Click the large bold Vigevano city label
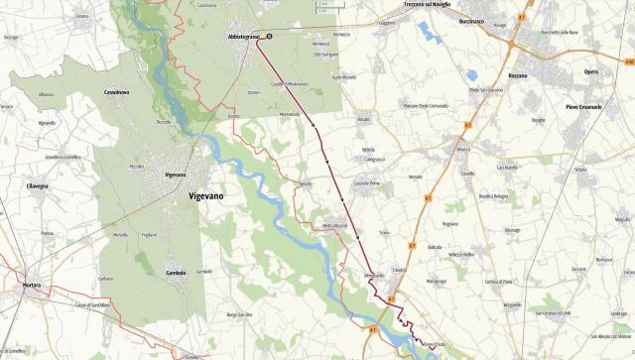207,197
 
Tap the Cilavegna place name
38,185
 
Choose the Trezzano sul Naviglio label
428,5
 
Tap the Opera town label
591,73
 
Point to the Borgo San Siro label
241,314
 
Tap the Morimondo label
290,115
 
